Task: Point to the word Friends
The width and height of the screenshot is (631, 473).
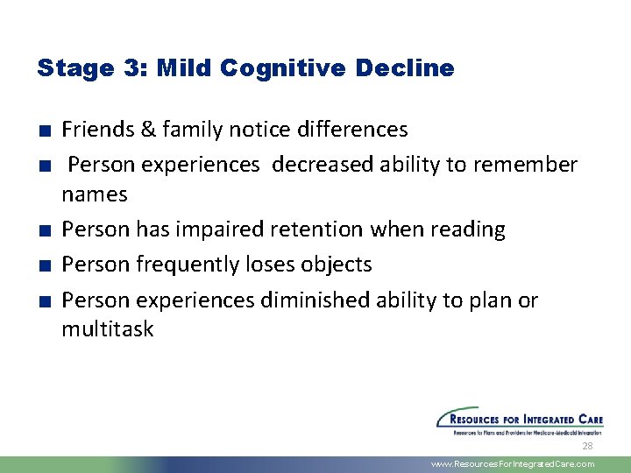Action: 96,130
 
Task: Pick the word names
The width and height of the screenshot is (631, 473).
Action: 95,194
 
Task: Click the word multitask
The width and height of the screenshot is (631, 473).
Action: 107,329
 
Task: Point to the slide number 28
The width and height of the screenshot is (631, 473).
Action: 588,446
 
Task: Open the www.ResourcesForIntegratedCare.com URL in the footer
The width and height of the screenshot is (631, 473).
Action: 513,464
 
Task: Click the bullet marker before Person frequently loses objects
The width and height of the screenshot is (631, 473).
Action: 43,265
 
